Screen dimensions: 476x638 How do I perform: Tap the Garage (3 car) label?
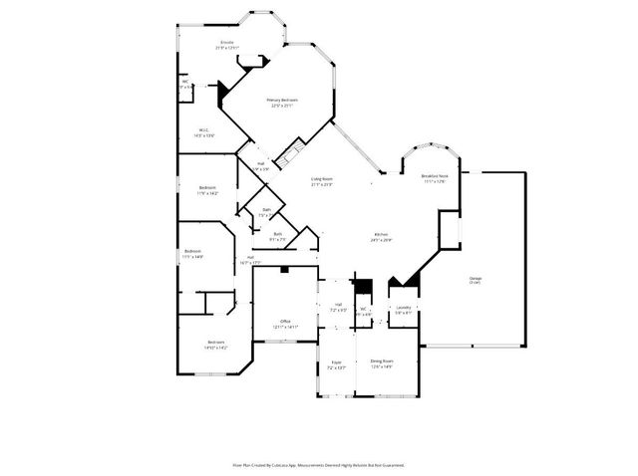[476, 280]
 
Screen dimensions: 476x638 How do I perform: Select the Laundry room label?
[404, 310]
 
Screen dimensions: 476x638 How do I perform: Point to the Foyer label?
[336, 364]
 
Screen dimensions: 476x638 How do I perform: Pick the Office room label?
[285, 323]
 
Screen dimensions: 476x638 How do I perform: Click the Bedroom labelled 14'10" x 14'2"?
[215, 345]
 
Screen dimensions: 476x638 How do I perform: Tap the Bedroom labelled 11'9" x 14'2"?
[207, 190]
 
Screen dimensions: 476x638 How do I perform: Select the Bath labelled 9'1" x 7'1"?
[278, 236]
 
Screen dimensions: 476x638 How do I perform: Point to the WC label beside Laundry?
[364, 311]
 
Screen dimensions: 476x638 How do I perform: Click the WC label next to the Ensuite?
[185, 85]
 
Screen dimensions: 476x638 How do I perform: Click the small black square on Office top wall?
[285, 269]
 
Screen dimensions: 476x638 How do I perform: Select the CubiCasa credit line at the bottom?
[318, 464]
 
